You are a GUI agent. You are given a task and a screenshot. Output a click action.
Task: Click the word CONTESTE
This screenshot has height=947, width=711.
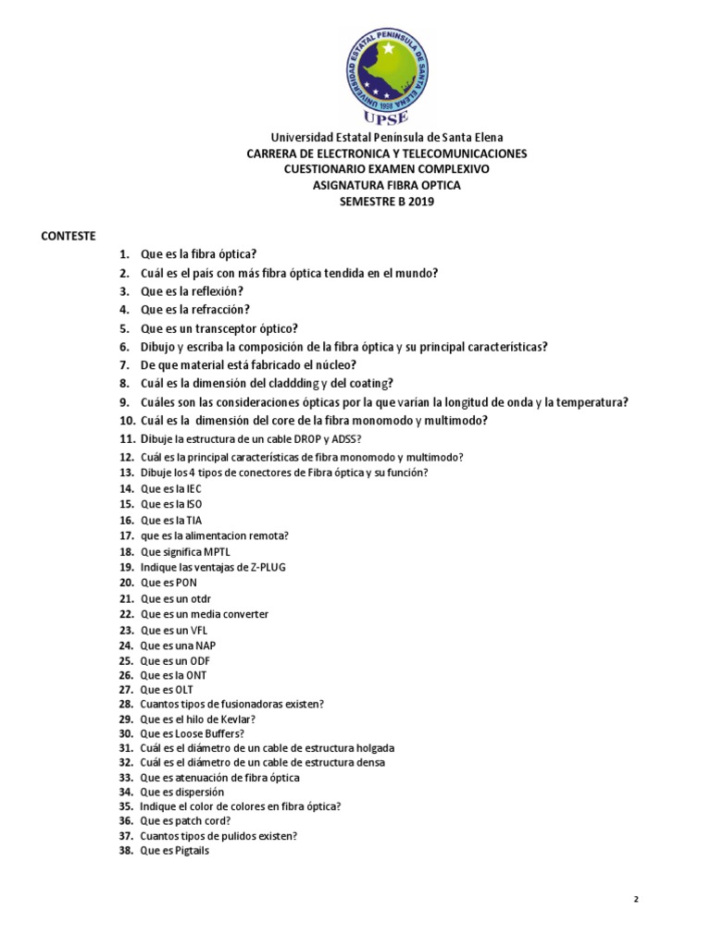pyautogui.click(x=69, y=235)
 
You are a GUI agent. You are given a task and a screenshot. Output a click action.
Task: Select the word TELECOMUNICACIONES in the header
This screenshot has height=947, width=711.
pyautogui.click(x=459, y=154)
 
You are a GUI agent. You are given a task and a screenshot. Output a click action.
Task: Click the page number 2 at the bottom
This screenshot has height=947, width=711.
pyautogui.click(x=636, y=899)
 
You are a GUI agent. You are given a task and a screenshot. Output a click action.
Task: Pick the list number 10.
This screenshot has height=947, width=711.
pyautogui.click(x=127, y=421)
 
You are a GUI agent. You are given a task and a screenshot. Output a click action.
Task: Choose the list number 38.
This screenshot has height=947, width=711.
pyautogui.click(x=127, y=851)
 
